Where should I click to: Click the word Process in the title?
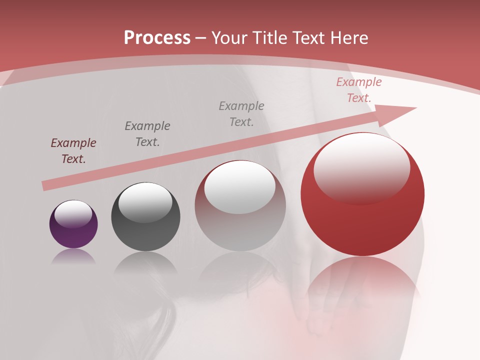(157, 38)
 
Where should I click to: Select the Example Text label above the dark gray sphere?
(147, 134)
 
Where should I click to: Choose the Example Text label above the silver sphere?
(241, 114)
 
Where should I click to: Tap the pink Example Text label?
(359, 90)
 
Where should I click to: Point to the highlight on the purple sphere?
(73, 214)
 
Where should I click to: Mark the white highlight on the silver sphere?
(240, 188)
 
